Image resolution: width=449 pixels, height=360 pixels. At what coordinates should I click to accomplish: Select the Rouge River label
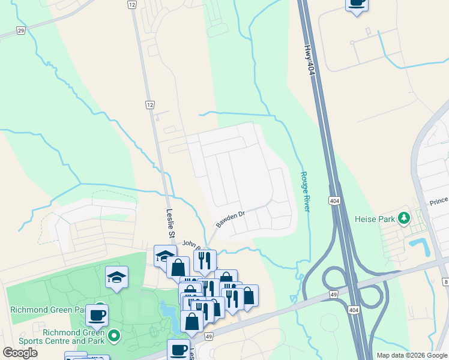pyautogui.click(x=305, y=191)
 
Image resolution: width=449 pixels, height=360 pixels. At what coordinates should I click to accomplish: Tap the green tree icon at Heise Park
pyautogui.click(x=406, y=217)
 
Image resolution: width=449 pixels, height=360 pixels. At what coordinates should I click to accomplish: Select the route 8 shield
pyautogui.click(x=446, y=281)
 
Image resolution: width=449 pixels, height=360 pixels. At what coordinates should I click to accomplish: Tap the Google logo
pyautogui.click(x=20, y=352)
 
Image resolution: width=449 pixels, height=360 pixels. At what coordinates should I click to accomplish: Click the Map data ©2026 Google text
pyautogui.click(x=412, y=355)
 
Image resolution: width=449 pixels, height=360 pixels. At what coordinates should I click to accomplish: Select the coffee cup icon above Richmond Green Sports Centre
pyautogui.click(x=97, y=314)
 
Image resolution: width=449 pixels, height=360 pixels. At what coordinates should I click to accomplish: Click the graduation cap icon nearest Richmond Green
pyautogui.click(x=116, y=277)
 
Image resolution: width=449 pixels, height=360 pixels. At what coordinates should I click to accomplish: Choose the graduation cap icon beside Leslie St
pyautogui.click(x=164, y=256)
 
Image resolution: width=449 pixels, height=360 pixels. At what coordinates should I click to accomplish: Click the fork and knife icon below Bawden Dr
pyautogui.click(x=205, y=260)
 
